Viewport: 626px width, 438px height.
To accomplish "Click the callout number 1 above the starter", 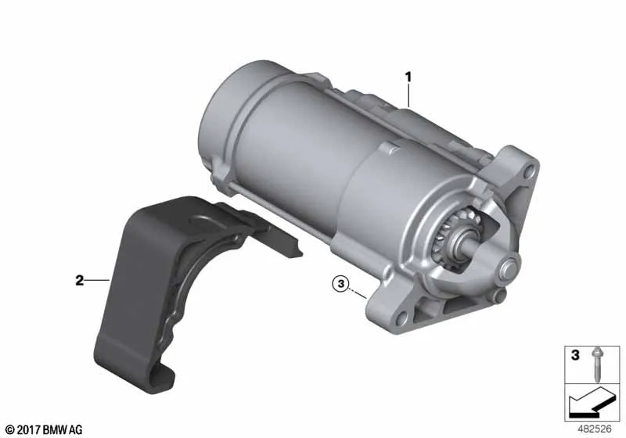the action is point(408,76).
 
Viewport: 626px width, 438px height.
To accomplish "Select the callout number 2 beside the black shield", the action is point(80,281).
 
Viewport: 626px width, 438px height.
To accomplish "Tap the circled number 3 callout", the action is point(340,284).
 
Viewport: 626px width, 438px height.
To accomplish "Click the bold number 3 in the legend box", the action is point(575,354).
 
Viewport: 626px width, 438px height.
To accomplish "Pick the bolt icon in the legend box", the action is point(597,365).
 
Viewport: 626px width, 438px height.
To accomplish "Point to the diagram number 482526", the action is point(595,429).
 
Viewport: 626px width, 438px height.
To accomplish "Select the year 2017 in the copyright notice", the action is point(29,430).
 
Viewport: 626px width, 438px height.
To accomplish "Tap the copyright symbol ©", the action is point(10,430).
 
